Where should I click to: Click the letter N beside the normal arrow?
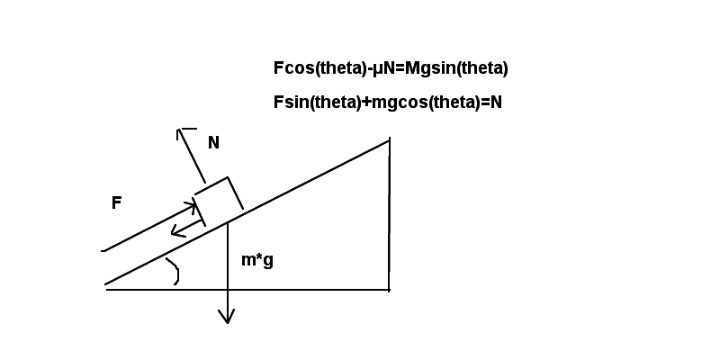(213, 143)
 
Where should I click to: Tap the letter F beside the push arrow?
(117, 202)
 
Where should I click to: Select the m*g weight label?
(257, 260)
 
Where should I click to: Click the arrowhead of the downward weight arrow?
(227, 316)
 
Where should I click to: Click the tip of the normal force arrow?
(179, 130)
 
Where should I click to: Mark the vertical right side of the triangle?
(390, 214)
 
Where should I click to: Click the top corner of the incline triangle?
(390, 140)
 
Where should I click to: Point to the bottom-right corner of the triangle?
(390, 290)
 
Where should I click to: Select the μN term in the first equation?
(382, 69)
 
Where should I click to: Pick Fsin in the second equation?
(292, 103)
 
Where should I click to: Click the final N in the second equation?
(497, 103)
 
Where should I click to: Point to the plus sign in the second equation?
(366, 103)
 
